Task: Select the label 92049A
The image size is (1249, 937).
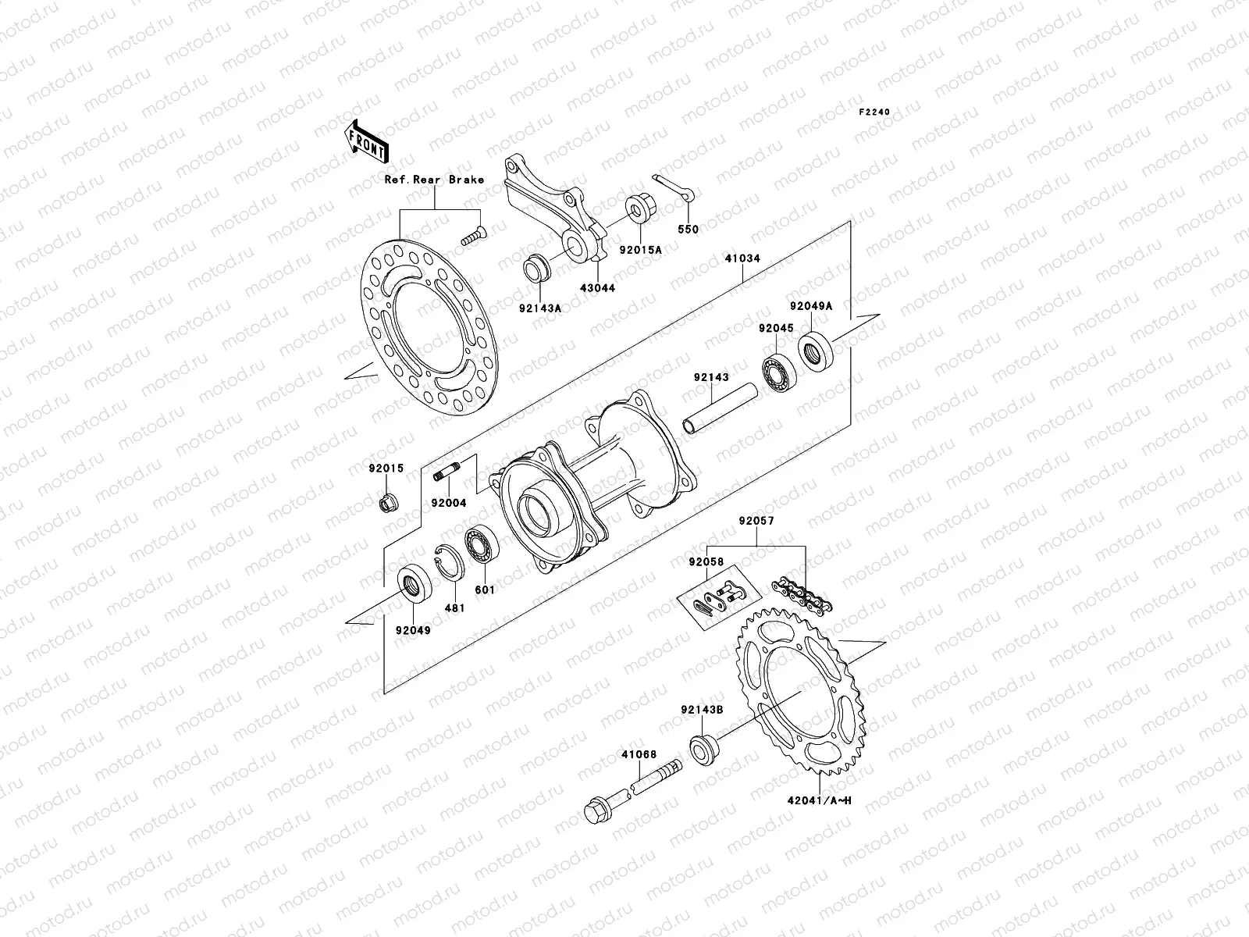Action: point(810,307)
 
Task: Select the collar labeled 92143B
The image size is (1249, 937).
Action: point(703,749)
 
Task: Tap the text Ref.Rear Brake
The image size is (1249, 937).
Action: point(434,180)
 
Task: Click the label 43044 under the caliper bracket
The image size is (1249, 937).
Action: point(596,287)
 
